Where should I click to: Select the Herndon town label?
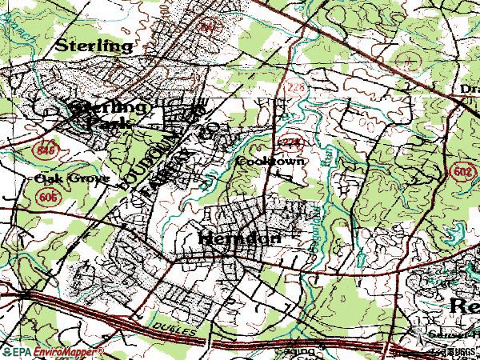pos(238,238)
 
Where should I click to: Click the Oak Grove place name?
pos(72,178)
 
